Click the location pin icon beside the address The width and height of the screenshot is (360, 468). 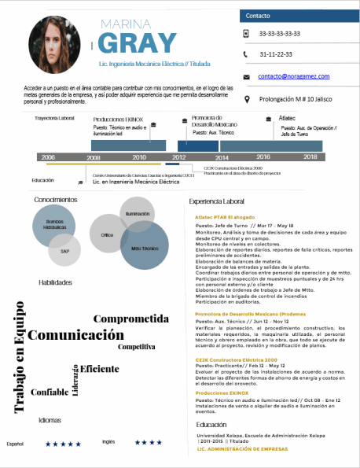[248, 99]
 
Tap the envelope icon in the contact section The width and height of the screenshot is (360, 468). [248, 76]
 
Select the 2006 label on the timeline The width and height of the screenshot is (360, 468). [48, 157]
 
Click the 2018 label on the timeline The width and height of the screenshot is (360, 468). [310, 157]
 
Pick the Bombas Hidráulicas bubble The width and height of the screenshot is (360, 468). [53, 226]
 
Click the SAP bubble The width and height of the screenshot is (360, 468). [64, 251]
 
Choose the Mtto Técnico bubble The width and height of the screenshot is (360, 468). [145, 246]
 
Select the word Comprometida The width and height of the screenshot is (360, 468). [131, 319]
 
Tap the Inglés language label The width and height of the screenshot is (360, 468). [108, 442]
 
